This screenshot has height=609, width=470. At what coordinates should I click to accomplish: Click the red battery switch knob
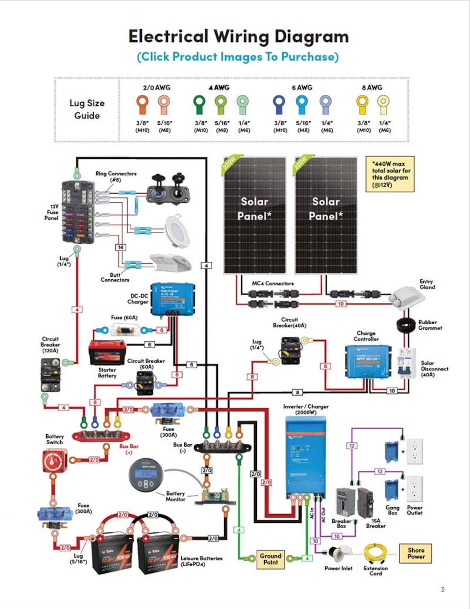(54, 461)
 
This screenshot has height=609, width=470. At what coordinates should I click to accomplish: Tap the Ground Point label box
(270, 559)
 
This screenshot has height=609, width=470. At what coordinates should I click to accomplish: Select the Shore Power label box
(416, 553)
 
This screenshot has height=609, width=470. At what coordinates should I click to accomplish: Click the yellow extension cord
(375, 553)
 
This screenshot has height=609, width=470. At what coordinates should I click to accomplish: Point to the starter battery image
(107, 352)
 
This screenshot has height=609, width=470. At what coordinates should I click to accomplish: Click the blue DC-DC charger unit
(172, 298)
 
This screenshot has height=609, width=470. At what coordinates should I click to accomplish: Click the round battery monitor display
(146, 475)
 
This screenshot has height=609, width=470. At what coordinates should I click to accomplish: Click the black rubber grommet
(406, 325)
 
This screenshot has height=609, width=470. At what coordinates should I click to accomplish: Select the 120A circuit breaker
(50, 375)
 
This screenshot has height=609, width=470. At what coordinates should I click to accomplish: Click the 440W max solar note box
(390, 174)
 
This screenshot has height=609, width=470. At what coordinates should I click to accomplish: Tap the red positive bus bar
(101, 435)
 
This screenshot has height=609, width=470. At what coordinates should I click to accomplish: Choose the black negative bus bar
(223, 447)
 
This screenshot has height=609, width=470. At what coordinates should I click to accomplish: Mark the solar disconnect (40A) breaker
(407, 363)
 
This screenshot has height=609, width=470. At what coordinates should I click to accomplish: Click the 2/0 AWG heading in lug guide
(156, 88)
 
